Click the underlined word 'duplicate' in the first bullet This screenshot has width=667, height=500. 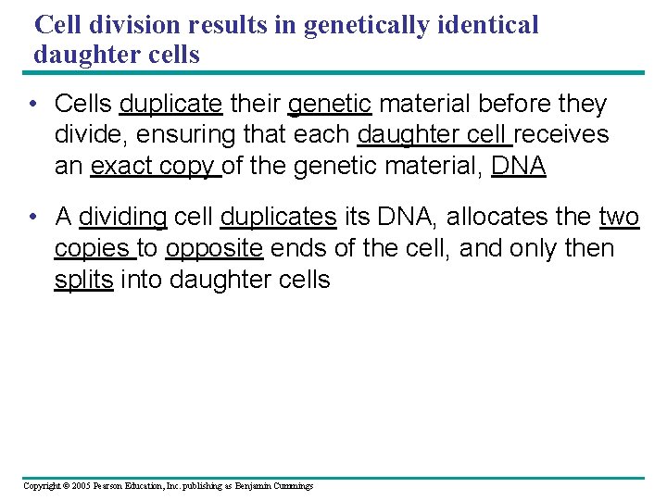coord(170,104)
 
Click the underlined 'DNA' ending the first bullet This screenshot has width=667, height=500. coord(519,167)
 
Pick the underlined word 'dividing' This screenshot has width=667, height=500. coord(122,218)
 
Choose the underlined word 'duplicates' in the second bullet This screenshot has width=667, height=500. coord(278,218)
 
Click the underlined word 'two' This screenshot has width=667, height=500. coord(619,218)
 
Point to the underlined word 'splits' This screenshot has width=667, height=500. coord(83,281)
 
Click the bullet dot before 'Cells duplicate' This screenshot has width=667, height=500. coord(32,104)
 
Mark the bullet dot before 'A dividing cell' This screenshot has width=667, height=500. coord(32,218)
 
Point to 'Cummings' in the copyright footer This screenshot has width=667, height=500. coord(293,486)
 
